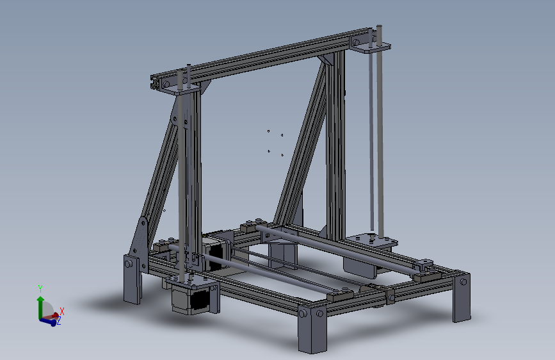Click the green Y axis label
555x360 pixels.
coord(40,288)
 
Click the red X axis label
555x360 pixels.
coord(62,311)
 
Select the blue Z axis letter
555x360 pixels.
coord(59,322)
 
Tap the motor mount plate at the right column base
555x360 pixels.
coord(371,242)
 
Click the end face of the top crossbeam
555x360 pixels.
coord(156,81)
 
